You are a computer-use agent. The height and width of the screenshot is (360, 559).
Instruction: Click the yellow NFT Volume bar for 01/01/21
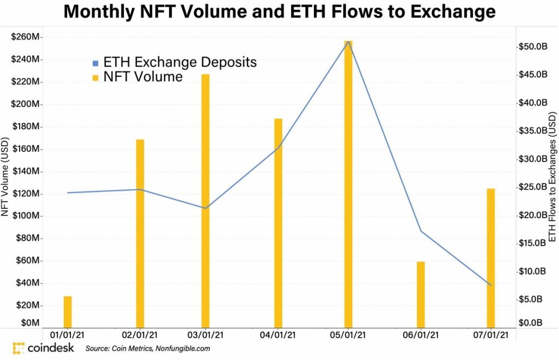click(68, 311)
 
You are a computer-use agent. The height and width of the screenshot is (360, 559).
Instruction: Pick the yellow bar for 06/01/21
click(420, 294)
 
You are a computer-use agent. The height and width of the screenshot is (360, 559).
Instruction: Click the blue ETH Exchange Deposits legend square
click(96, 63)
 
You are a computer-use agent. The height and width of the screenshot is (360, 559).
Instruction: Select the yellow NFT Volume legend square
click(96, 77)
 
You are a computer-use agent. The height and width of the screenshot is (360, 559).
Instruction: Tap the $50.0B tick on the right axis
click(532, 47)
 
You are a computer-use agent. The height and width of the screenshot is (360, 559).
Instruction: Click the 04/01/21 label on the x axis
click(278, 334)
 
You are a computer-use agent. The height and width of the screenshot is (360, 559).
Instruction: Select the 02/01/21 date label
click(140, 334)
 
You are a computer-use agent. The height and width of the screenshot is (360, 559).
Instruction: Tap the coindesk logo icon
click(19, 348)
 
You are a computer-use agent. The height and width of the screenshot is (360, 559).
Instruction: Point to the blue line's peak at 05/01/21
click(348, 41)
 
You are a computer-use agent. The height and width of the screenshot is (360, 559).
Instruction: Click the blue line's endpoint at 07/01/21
click(491, 285)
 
